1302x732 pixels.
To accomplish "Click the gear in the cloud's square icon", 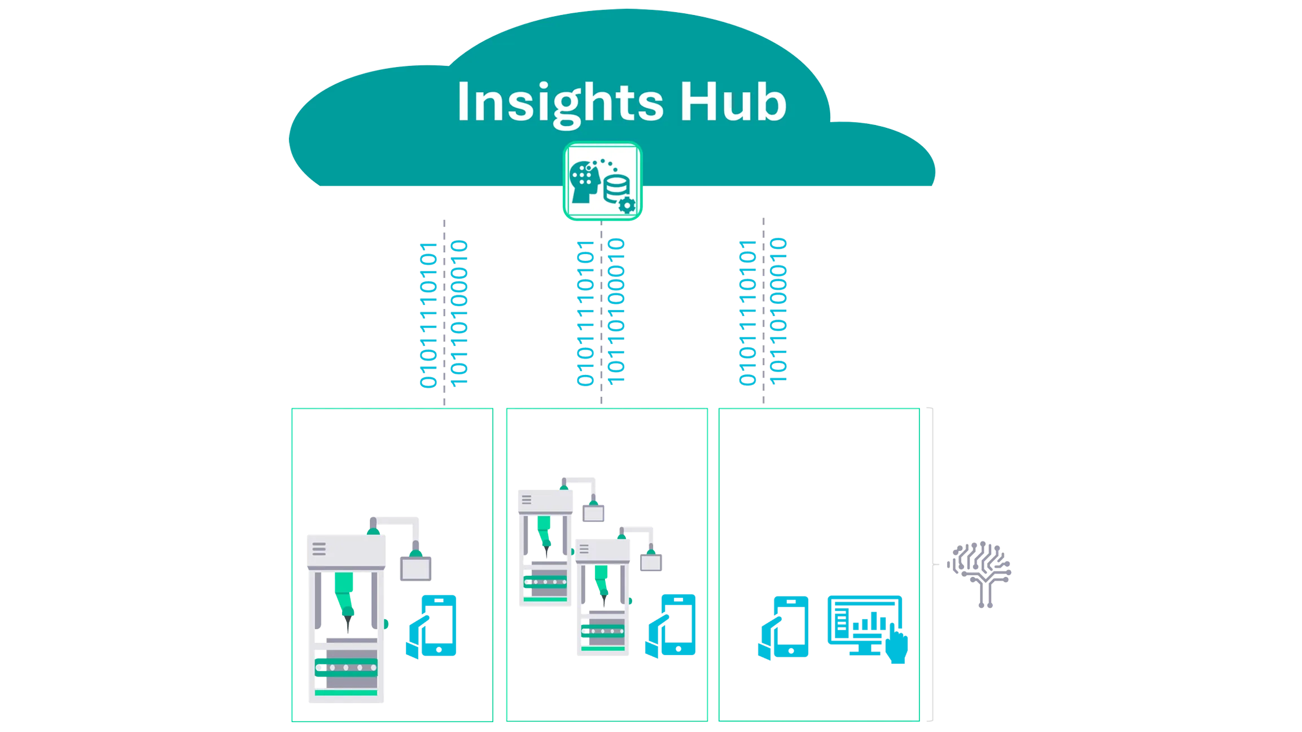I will (627, 205).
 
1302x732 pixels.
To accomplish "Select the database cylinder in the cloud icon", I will (616, 187).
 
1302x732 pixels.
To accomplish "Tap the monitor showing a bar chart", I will (864, 623).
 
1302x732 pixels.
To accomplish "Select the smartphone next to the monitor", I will (789, 627).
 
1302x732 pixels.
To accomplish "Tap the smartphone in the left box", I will (438, 626).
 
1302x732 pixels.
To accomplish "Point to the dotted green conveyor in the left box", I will (346, 667).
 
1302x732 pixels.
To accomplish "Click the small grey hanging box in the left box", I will (415, 568).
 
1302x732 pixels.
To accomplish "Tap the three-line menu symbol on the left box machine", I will (319, 548).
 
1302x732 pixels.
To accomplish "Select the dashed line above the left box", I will (444, 312).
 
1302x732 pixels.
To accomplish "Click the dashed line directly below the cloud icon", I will (601, 312).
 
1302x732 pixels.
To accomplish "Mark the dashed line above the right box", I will (763, 312).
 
